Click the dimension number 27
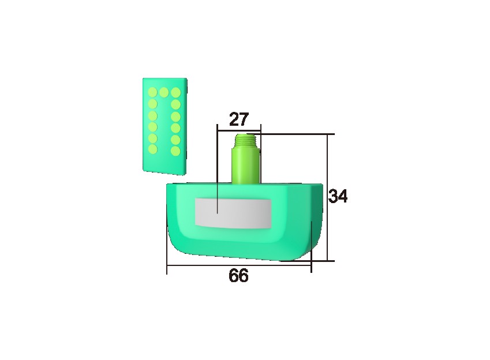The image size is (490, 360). coord(238,119)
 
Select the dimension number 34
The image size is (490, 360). coord(338,197)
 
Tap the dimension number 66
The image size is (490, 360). coord(238,276)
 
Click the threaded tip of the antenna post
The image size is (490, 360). coord(245,140)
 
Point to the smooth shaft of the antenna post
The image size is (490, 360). coord(245,164)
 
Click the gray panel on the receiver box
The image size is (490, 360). coord(233,212)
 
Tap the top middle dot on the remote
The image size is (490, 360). coord(164,92)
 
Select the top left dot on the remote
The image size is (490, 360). coord(152,92)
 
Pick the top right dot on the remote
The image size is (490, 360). coord(175,92)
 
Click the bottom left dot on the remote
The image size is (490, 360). coord(152,149)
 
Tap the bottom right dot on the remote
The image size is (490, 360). coord(175,151)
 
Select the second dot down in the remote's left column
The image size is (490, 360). coord(152,104)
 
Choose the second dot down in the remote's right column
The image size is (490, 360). coord(175,104)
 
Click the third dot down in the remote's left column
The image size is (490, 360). coord(152,115)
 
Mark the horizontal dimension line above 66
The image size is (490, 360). coord(238,266)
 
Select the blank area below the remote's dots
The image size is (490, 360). coord(164,164)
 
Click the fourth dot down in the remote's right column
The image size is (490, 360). coord(175,127)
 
